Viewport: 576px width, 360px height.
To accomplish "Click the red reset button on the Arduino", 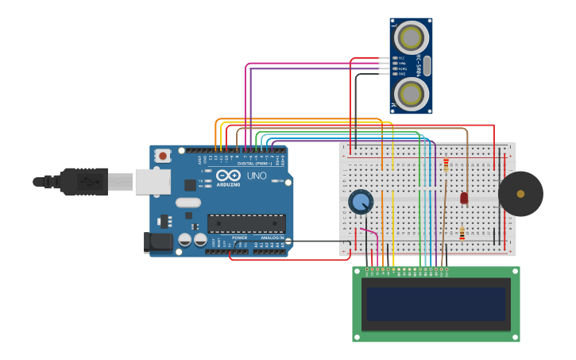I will [x=162, y=156].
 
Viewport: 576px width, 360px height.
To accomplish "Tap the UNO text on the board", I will [x=257, y=176].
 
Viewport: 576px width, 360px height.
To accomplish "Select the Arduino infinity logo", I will [x=229, y=176].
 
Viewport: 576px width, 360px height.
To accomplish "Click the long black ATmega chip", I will [x=246, y=223].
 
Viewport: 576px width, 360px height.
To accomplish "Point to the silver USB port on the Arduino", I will [x=153, y=182].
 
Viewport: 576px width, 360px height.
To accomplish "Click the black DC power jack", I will [x=158, y=242].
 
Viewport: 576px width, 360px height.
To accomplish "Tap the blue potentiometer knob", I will [x=361, y=202].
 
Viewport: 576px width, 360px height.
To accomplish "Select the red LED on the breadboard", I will [x=464, y=197].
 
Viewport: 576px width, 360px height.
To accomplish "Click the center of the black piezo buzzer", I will [x=520, y=194].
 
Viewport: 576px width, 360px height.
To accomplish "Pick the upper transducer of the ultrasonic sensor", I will [x=411, y=38].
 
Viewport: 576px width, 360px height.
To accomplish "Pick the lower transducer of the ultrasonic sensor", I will [x=411, y=94].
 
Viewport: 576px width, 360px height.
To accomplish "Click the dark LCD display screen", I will [x=435, y=304].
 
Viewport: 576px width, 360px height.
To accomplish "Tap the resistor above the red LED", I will [x=446, y=165].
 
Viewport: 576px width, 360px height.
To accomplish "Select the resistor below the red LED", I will [x=462, y=233].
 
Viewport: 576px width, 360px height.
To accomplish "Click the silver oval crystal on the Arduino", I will [x=188, y=202].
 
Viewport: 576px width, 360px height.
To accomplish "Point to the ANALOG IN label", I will [x=271, y=238].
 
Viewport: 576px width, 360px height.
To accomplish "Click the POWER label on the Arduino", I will [x=239, y=238].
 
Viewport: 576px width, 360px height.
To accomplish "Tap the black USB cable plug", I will [x=83, y=181].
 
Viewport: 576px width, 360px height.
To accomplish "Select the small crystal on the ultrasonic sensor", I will [x=427, y=66].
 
